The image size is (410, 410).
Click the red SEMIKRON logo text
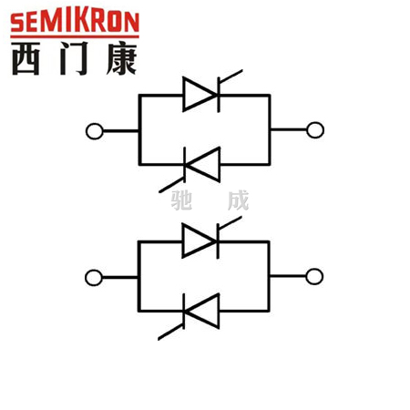75,22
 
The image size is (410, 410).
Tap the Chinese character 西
26,58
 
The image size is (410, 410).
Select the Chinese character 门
74,58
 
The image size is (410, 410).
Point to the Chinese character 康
121,58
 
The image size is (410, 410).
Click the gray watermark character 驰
181,200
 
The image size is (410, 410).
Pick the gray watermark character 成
238,200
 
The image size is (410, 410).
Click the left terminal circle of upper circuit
95,131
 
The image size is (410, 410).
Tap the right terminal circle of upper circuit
315,130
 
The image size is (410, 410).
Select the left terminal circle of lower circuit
94,278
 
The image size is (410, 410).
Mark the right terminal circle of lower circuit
314,276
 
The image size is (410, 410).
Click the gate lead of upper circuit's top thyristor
231,77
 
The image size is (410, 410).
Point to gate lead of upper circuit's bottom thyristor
171,185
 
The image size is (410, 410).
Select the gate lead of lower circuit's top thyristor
230,223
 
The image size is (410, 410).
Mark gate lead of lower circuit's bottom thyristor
170,332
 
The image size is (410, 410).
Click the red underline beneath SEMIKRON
75,36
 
